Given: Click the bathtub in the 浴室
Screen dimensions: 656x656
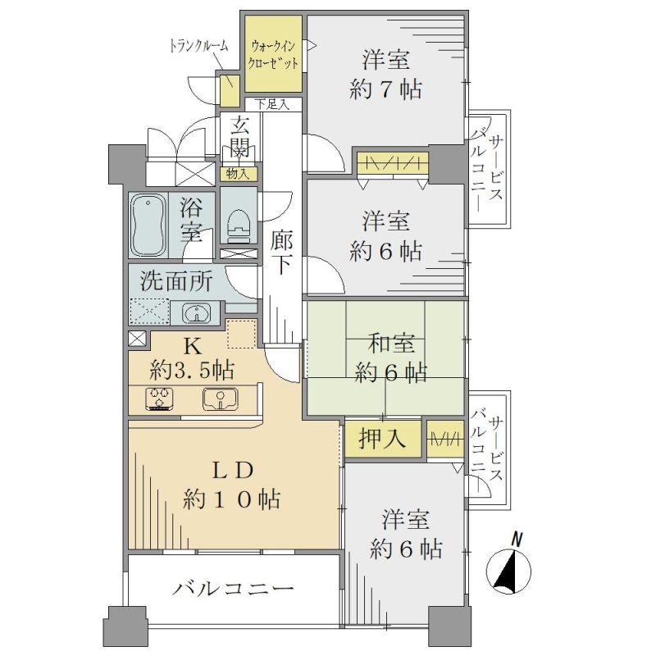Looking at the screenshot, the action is pos(148,225).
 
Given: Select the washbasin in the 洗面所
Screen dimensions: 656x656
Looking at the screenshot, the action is pos(195,312).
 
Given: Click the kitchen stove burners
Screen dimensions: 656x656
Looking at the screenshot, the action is pos(159,399).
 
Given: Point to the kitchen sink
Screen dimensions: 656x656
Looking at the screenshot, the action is pos(221,399).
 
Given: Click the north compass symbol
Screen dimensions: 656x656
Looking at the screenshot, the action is pos(509,565).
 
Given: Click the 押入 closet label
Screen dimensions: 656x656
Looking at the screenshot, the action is pos(382,439).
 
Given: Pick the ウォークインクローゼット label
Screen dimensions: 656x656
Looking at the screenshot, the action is pos(273,54).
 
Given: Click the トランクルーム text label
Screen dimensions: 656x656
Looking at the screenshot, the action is pos(198,45).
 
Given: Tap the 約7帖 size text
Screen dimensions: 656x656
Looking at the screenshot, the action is pos(385,89).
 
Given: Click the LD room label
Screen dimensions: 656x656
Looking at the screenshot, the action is pos(233,471).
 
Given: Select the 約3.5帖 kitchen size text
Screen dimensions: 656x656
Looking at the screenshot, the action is pos(192,370).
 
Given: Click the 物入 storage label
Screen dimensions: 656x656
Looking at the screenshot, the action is pos(238,174).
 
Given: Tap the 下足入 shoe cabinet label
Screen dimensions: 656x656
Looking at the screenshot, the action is pos(272,104).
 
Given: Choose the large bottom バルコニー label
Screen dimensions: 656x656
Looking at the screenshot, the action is pos(234,589).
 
